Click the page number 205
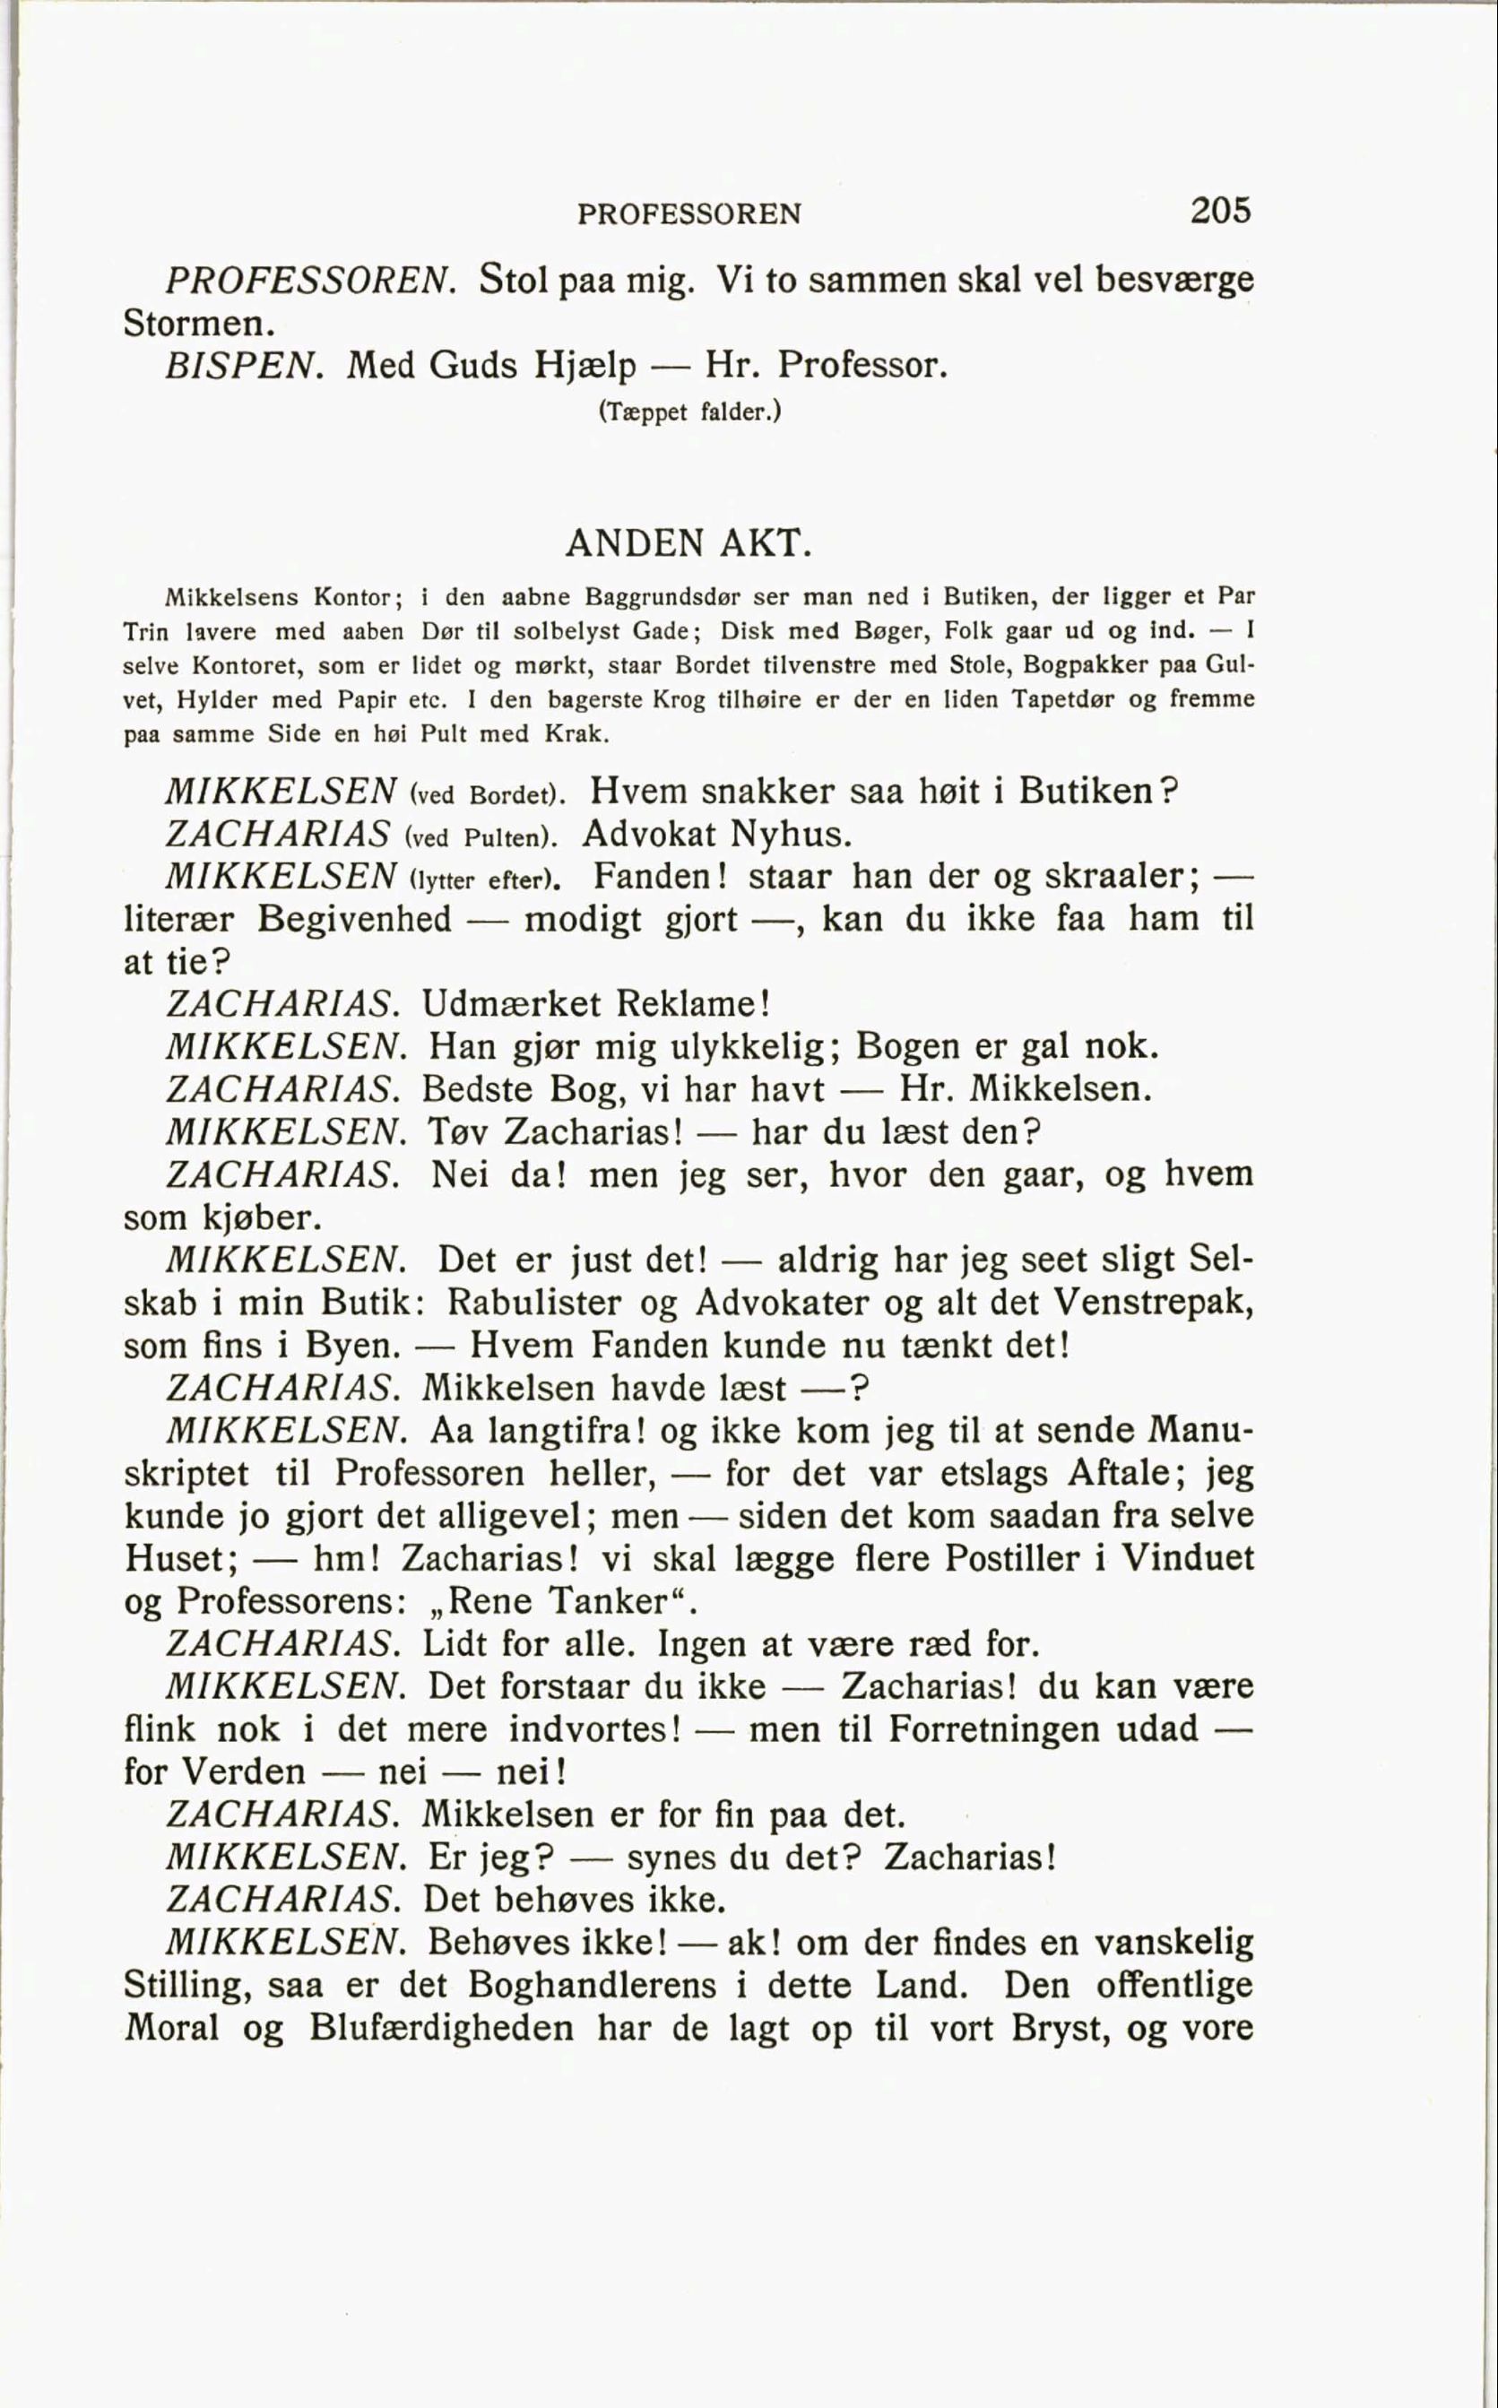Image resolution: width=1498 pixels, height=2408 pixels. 1221,210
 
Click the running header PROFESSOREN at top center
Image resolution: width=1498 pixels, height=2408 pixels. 688,214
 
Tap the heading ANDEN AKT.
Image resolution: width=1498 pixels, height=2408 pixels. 688,542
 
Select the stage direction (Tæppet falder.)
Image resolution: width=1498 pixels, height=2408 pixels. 689,411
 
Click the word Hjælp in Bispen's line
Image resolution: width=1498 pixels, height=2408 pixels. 584,367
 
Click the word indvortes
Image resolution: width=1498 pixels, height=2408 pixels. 594,1729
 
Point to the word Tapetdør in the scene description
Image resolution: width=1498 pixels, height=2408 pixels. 1059,699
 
